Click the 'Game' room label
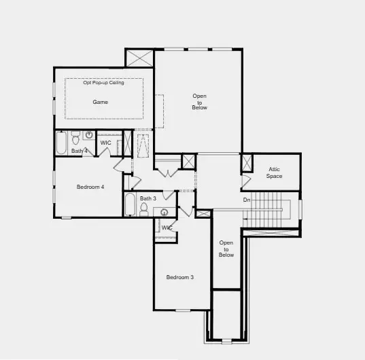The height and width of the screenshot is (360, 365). [101, 102]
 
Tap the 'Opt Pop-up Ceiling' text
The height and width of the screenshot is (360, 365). [104, 83]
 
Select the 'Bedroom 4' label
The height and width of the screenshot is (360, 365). [90, 187]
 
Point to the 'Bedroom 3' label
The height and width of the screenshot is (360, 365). [180, 277]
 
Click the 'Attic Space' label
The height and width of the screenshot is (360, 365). [274, 173]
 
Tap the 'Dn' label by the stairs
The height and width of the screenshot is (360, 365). [247, 200]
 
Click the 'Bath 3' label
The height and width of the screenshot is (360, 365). [148, 198]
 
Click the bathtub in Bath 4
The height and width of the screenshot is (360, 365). [60, 143]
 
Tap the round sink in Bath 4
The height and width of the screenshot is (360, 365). [89, 134]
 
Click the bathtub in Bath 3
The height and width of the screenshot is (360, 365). [129, 204]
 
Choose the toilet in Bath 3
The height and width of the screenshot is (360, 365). [143, 209]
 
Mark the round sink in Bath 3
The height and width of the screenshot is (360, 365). [164, 212]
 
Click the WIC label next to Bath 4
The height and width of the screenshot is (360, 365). [105, 143]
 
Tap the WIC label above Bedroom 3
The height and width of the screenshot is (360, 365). [167, 228]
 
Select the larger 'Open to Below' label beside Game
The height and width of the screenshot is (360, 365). [199, 102]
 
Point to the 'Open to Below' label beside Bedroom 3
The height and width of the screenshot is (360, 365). [226, 249]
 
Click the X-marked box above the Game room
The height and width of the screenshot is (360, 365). [139, 58]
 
